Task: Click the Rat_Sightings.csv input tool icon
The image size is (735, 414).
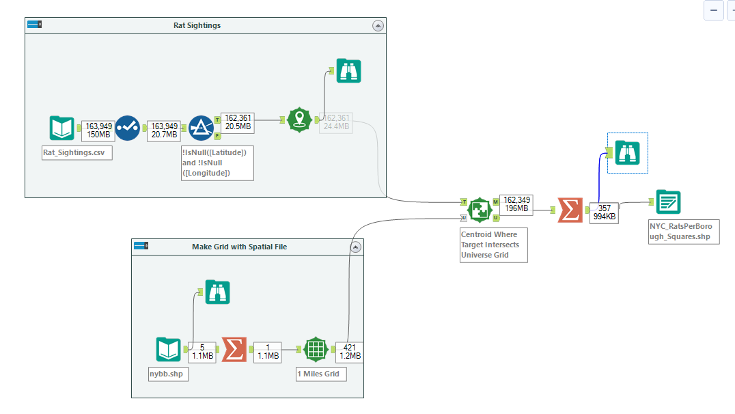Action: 61,128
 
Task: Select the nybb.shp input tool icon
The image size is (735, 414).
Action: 168,350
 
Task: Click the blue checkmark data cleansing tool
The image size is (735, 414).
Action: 128,128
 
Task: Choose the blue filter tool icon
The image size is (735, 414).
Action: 201,128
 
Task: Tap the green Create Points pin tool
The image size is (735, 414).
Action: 299,120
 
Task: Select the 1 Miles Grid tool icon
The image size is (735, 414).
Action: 316,350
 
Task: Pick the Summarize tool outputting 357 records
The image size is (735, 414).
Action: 570,210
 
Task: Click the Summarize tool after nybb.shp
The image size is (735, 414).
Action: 234,350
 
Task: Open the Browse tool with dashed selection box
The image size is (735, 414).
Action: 627,153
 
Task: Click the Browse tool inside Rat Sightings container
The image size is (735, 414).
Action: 349,70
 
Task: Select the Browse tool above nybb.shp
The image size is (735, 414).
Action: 218,292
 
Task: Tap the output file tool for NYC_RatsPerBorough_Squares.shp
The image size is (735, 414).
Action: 667,202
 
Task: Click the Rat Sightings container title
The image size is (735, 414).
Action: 197,25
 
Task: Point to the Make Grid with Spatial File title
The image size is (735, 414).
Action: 239,247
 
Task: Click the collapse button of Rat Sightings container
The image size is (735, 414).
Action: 378,25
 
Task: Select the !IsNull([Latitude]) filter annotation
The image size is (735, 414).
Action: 217,163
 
